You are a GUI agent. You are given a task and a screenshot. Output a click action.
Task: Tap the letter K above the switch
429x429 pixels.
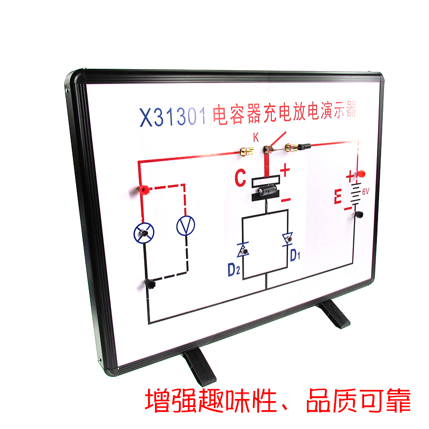coord(256,137)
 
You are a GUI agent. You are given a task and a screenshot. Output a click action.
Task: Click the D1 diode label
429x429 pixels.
coord(296,255)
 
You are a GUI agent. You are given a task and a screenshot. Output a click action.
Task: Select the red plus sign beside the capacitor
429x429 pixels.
coord(285,171)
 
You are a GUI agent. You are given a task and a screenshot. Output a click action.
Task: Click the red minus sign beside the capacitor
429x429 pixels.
coord(285,199)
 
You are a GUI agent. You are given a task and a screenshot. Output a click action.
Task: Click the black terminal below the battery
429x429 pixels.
coord(357,215)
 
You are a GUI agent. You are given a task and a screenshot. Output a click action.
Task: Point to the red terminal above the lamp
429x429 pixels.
coord(143,189)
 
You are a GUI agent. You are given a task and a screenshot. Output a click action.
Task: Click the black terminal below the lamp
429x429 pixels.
coord(149,283)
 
